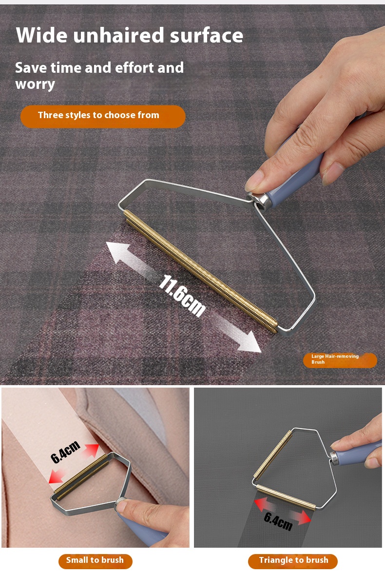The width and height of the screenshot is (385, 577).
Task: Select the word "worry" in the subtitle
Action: click(35, 84)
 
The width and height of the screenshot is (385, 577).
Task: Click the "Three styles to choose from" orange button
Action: click(103, 116)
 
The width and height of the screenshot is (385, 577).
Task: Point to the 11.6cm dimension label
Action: click(182, 295)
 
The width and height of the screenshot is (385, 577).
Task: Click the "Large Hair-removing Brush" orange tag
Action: click(340, 359)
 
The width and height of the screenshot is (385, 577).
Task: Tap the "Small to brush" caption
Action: click(95, 560)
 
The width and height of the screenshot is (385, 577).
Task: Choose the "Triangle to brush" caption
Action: click(293, 560)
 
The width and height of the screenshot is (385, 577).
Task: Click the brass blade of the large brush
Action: click(201, 271)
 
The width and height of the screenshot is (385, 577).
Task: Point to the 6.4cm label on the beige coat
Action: click(65, 452)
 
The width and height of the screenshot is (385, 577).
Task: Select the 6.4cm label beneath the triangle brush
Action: click(278, 520)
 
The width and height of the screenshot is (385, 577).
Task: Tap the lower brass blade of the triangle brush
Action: click(286, 497)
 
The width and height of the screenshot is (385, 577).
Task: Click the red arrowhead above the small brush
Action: click(92, 450)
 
